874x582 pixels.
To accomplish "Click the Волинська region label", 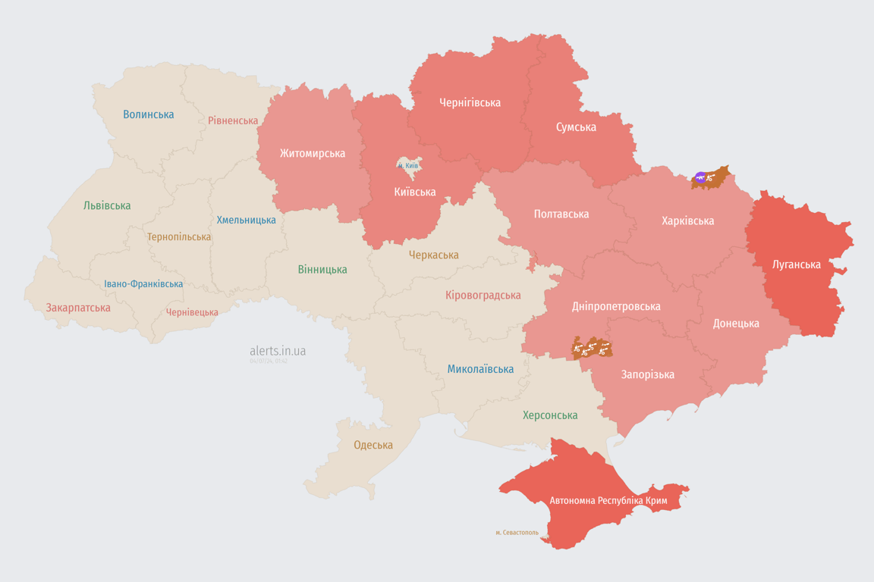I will [x=149, y=114].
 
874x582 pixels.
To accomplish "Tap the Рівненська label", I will [x=233, y=120].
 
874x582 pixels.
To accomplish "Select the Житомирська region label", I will [x=313, y=153].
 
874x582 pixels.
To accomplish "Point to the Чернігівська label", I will [x=470, y=102].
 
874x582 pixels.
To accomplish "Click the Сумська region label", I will [x=576, y=127].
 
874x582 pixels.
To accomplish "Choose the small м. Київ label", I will [x=408, y=165].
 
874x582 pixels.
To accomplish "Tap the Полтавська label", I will [x=561, y=214].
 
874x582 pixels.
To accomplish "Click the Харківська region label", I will [x=687, y=221].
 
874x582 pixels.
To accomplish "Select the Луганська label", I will [x=796, y=264].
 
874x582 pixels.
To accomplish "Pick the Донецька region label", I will [x=736, y=323].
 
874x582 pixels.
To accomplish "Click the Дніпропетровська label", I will [x=616, y=306].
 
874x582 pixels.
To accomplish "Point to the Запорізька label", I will [x=647, y=374].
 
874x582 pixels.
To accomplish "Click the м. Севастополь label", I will [x=517, y=533].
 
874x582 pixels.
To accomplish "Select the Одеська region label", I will [x=373, y=445].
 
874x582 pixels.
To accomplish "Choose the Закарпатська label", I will [x=78, y=308].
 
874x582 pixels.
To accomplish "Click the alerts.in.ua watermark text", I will [x=278, y=351].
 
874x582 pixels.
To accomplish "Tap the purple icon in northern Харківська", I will [x=700, y=178].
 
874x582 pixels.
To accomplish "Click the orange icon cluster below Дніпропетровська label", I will [x=592, y=349].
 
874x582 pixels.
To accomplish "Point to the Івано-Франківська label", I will [x=143, y=284].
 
